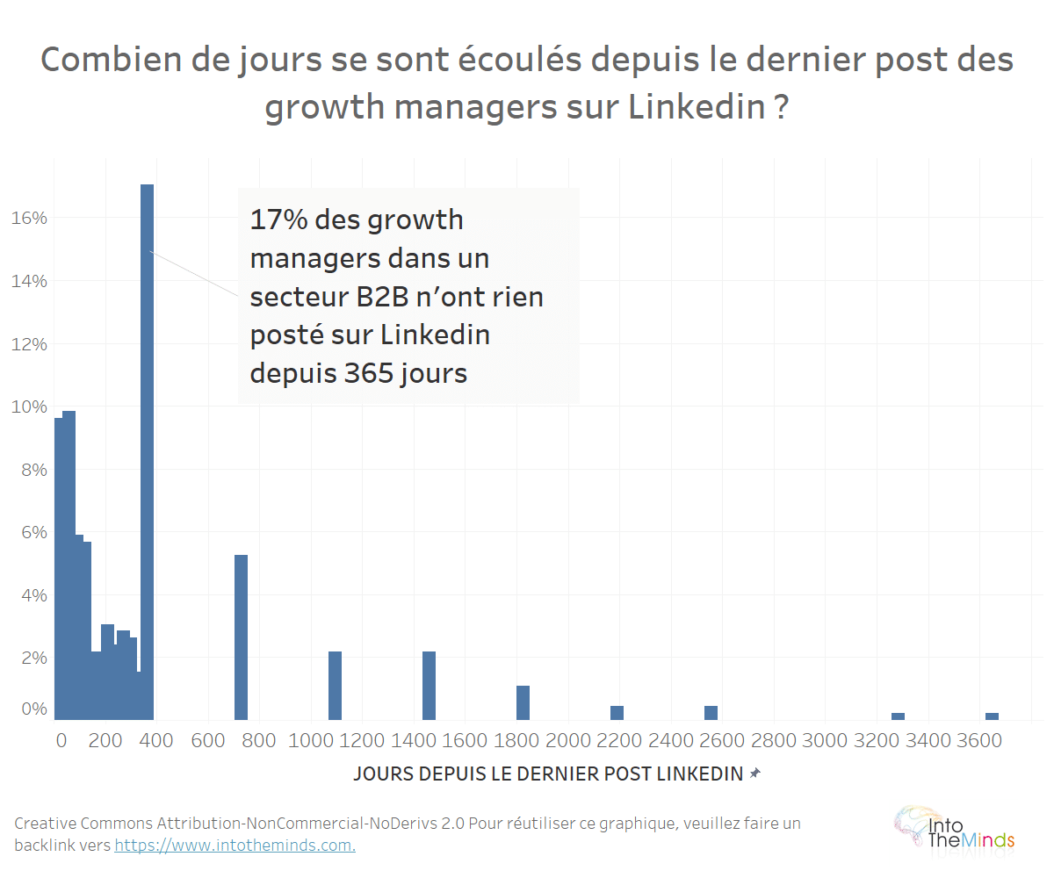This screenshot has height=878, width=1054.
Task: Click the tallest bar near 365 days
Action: [x=147, y=452]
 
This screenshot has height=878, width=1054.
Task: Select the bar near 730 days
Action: [x=241, y=637]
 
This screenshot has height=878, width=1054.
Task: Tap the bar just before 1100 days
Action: [x=335, y=686]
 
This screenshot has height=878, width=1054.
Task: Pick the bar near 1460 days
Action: [x=429, y=686]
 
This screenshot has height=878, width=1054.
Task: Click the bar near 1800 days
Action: [x=523, y=702]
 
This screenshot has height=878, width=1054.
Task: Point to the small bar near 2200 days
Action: [x=617, y=713]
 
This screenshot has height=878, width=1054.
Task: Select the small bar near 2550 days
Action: [x=711, y=713]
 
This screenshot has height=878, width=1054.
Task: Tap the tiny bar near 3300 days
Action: [x=898, y=716]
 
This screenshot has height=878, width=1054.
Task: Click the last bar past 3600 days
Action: [x=992, y=716]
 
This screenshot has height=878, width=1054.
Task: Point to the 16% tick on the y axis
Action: [x=29, y=218]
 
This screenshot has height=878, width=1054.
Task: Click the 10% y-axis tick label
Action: [x=29, y=407]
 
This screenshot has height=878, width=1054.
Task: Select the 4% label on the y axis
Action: [x=33, y=595]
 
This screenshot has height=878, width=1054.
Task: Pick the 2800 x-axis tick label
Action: [x=774, y=741]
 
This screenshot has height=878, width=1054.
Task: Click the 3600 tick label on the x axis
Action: [x=979, y=741]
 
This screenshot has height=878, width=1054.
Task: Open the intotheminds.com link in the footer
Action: [x=235, y=846]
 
